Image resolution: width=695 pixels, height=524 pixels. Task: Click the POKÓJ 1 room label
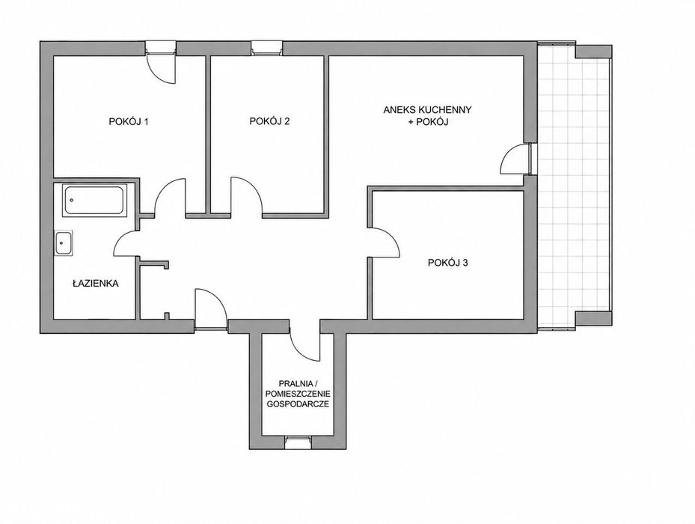[129, 121]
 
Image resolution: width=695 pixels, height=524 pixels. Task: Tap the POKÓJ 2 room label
[269, 121]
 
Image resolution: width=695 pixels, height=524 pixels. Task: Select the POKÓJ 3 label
[448, 263]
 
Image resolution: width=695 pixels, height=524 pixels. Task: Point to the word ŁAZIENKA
[96, 283]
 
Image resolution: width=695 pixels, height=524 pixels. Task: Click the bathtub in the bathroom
[94, 201]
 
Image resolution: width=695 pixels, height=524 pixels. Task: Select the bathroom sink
[64, 243]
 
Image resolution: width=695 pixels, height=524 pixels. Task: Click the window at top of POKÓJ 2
[266, 47]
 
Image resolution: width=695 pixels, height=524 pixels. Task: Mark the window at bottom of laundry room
[298, 442]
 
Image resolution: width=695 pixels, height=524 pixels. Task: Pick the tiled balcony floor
[575, 186]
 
